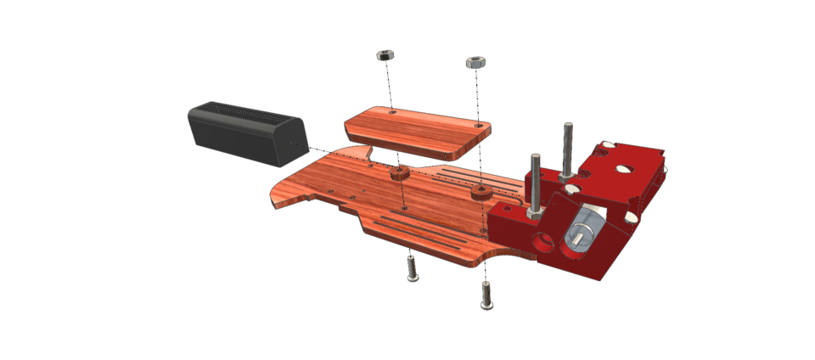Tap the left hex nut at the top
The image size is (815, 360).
(383, 55)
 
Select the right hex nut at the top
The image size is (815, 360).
(475, 63)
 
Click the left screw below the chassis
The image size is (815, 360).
(412, 269)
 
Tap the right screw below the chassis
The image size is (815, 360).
(486, 294)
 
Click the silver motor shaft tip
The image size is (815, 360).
(575, 241)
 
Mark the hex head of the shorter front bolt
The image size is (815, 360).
(536, 158)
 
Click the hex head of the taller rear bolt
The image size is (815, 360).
(567, 127)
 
